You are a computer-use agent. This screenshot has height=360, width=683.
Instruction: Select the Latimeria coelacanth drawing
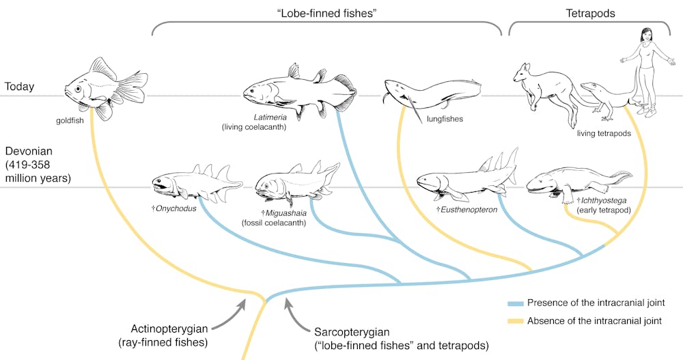[297, 92]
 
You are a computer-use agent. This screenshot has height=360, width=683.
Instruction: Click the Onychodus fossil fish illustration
[195, 181]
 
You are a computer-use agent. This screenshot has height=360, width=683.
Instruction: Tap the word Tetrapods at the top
[590, 12]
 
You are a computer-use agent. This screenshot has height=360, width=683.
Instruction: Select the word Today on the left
[20, 87]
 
